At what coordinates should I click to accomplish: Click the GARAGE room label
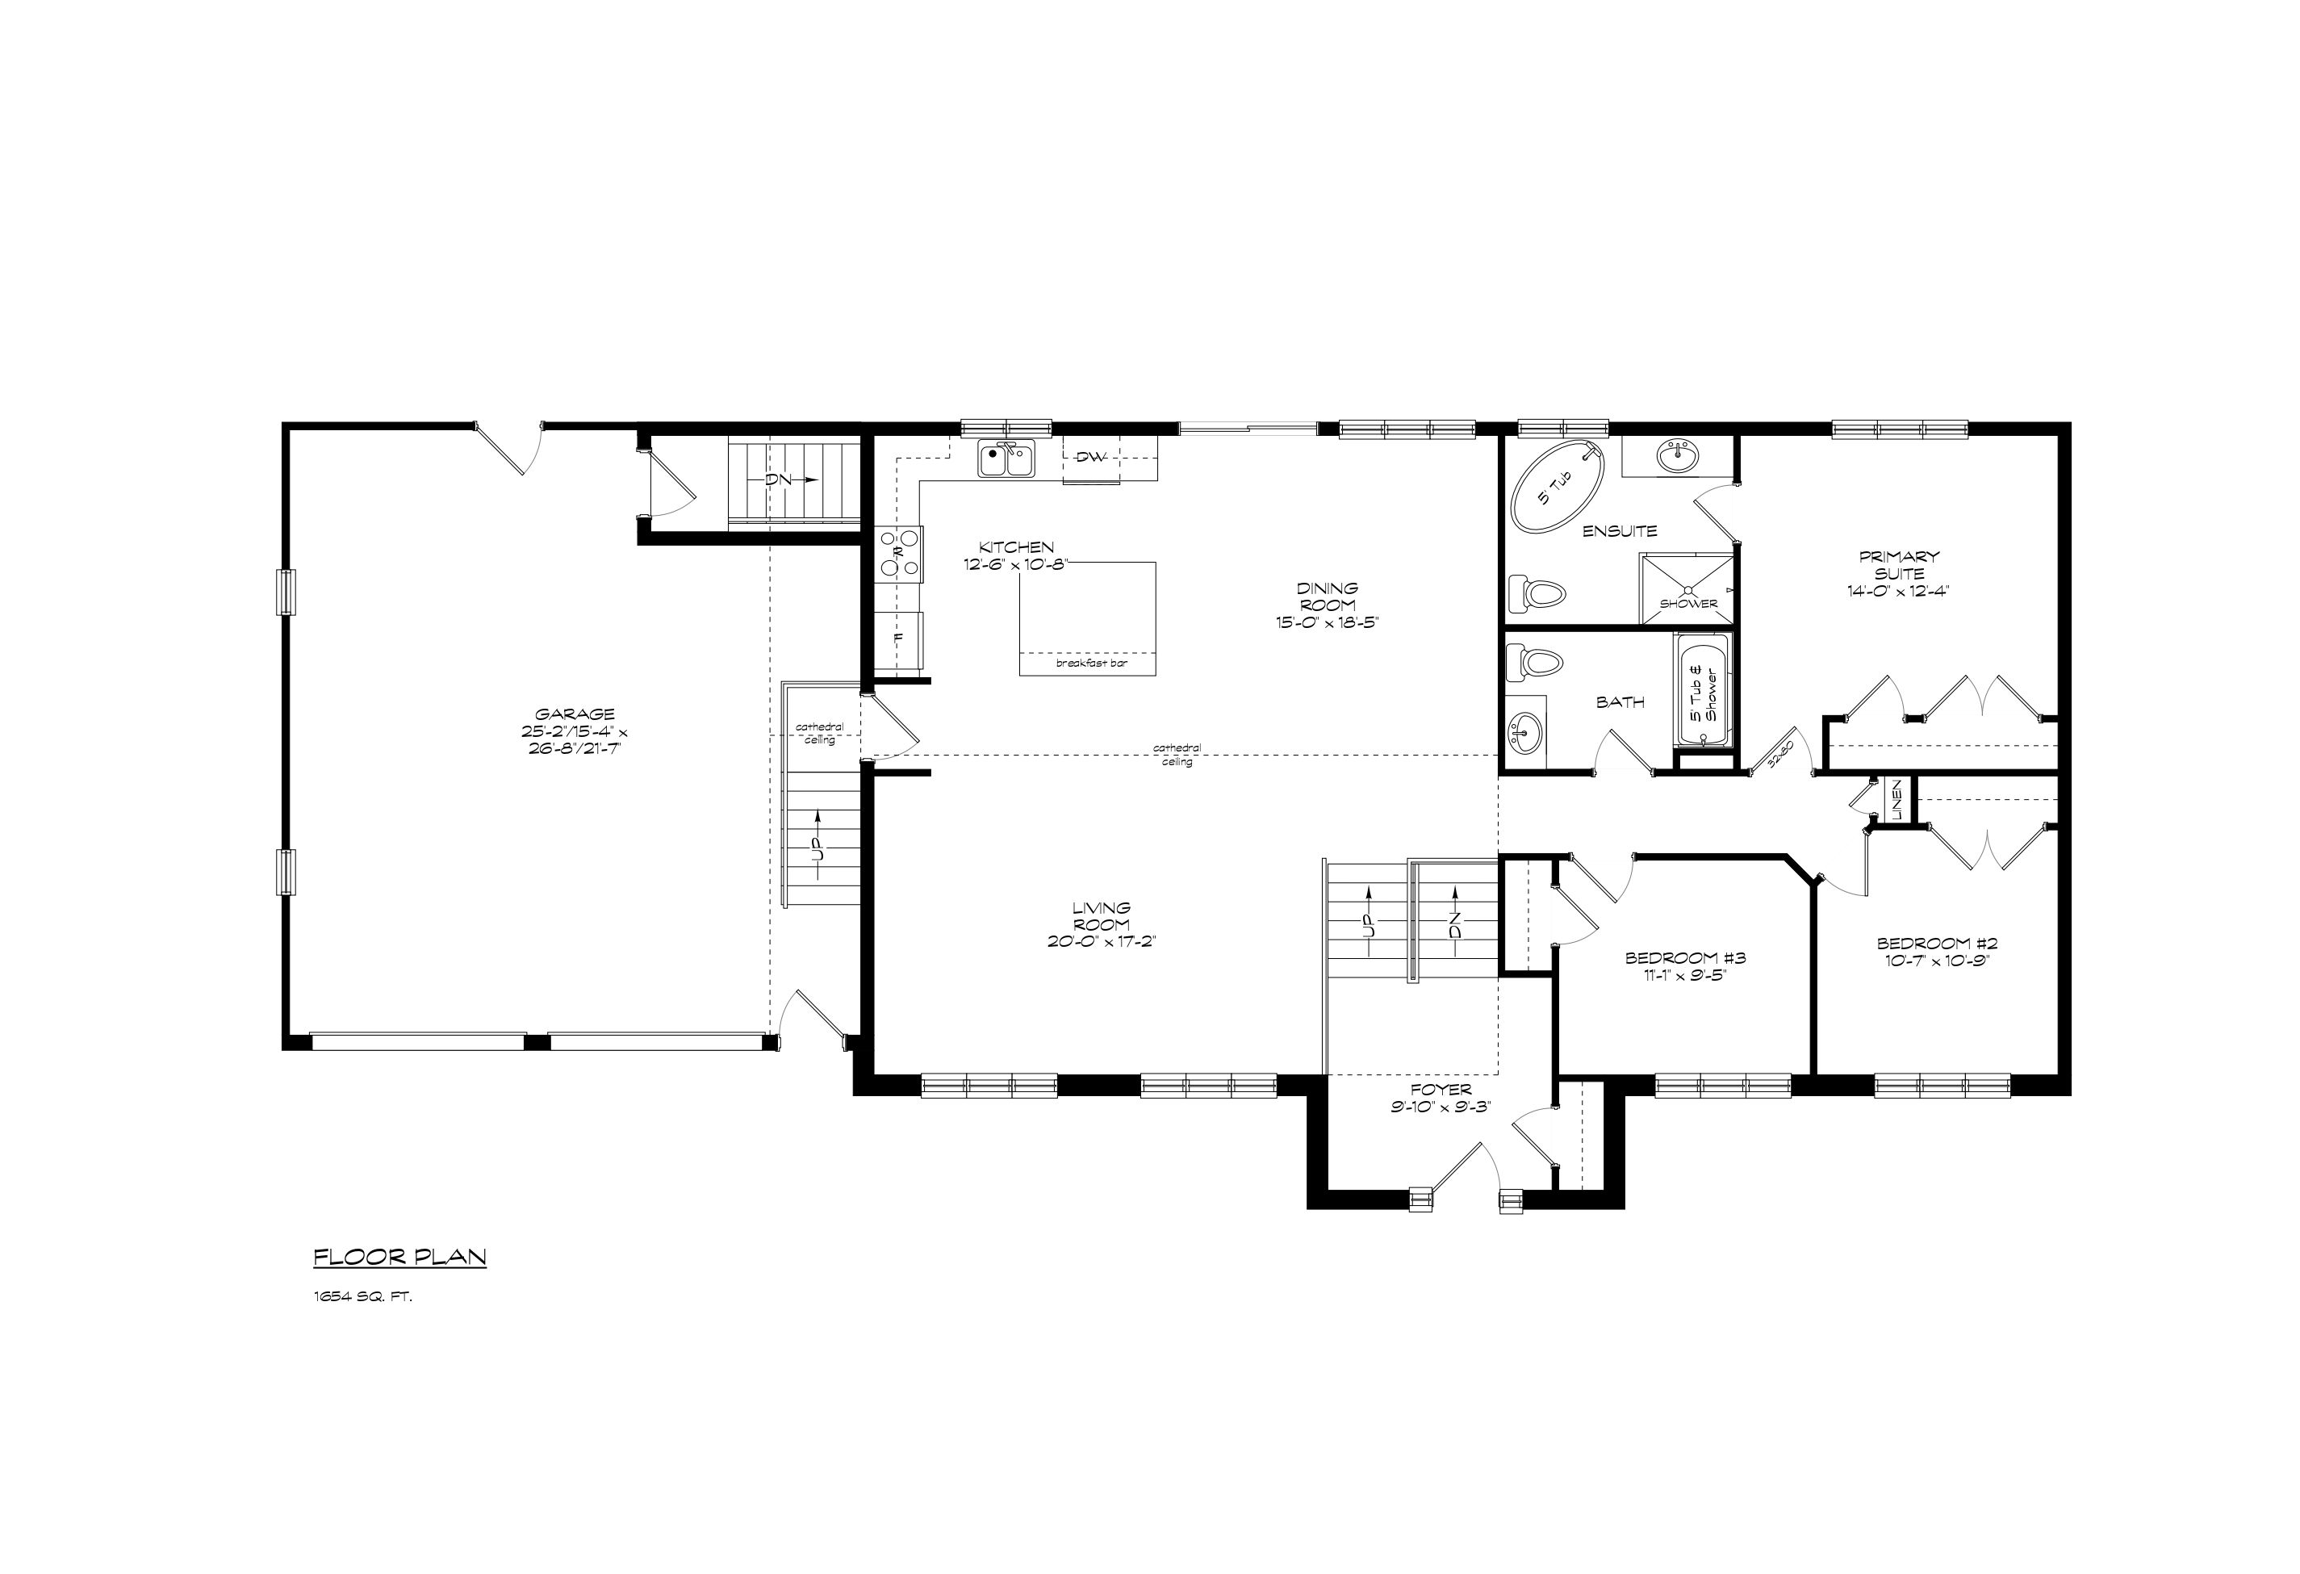coord(575,714)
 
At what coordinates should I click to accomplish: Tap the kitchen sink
coord(1006,459)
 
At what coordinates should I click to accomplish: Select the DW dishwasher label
coord(1089,456)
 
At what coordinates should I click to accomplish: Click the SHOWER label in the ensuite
coord(1688,603)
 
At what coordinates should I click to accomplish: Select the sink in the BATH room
coord(1525,734)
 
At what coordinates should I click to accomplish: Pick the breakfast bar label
coord(1092,664)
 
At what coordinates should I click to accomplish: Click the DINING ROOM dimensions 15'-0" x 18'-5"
coord(1328,622)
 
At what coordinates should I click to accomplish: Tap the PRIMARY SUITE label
coord(1898,564)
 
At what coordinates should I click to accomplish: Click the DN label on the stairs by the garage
coord(779,479)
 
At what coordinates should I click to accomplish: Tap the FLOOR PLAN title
coord(399,1258)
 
